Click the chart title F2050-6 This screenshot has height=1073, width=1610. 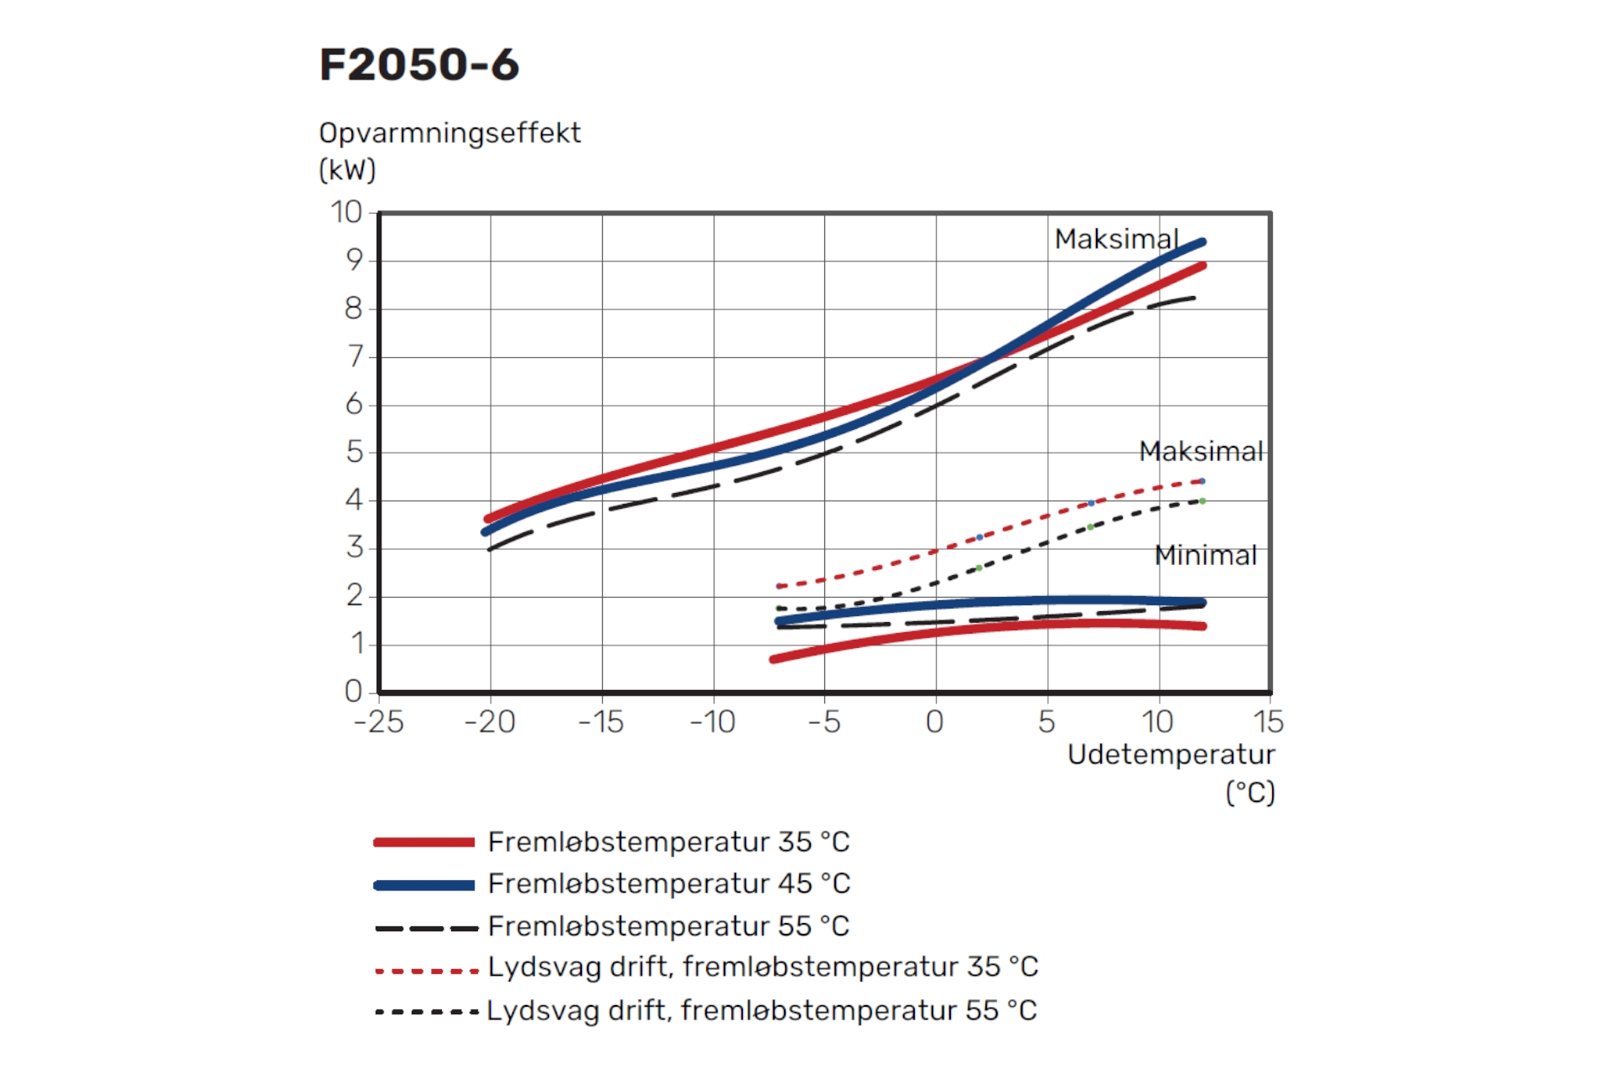coord(419,65)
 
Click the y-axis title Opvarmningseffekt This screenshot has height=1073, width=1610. coord(449,133)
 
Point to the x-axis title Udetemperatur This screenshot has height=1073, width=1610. coord(1171,754)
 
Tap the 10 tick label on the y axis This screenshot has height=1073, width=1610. coord(345,212)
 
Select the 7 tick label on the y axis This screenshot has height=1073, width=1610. coord(356,356)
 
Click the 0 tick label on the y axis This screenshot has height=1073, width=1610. coord(353,692)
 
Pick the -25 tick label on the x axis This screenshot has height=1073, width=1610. coord(379,722)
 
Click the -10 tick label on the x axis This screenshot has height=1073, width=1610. coord(713,722)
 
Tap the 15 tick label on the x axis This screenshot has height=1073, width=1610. coord(1268,722)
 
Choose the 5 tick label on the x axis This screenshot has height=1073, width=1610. coord(1046,722)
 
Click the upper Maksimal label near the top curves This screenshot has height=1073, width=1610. coord(1116,239)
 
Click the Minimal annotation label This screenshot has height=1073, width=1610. coord(1205,555)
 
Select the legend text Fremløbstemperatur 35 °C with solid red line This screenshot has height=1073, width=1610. coord(668,842)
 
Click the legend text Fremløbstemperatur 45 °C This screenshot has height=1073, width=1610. coord(668,884)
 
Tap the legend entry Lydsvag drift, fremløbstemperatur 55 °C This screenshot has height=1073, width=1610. coord(761,1010)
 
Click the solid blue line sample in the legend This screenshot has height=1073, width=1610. coord(424,885)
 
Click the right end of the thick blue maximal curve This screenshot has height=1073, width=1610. coord(1202,242)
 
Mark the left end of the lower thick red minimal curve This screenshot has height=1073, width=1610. coord(773,660)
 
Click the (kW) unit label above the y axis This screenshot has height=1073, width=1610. coord(347,170)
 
